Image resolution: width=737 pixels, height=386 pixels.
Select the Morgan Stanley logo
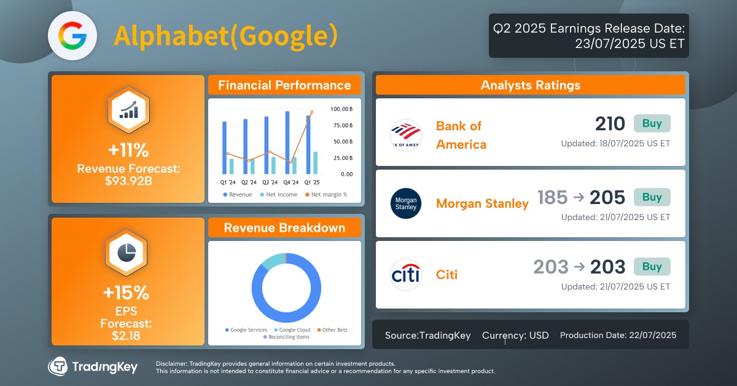[405, 203]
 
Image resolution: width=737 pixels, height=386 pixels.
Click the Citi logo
[405, 275]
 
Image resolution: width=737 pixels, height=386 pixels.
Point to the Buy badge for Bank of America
[652, 124]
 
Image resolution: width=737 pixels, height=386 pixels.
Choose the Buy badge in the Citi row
[652, 267]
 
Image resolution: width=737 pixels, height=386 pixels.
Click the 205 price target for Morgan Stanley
[607, 197]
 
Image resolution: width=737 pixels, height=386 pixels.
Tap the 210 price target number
[609, 124]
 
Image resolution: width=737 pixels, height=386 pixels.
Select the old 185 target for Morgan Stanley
[552, 197]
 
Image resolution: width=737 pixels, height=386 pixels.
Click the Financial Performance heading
[284, 85]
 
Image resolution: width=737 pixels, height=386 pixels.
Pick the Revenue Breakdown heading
[284, 228]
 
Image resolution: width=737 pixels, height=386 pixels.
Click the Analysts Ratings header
[530, 85]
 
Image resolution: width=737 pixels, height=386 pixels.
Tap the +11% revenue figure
[128, 151]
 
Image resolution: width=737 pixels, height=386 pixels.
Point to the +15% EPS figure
[128, 293]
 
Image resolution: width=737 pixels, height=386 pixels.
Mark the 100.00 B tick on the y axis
[341, 109]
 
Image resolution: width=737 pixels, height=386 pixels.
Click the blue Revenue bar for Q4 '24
[287, 143]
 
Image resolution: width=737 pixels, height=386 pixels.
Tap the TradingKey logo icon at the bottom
[58, 366]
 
